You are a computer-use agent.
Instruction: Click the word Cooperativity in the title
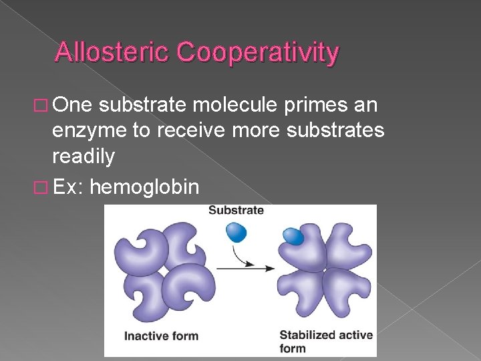(x=257, y=52)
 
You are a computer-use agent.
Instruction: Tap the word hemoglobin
(x=144, y=187)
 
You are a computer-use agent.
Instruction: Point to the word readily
(x=84, y=157)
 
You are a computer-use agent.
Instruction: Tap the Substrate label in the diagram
(x=236, y=211)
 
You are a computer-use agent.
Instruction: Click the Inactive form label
(x=161, y=335)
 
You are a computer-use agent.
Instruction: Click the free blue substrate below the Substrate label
(x=236, y=232)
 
